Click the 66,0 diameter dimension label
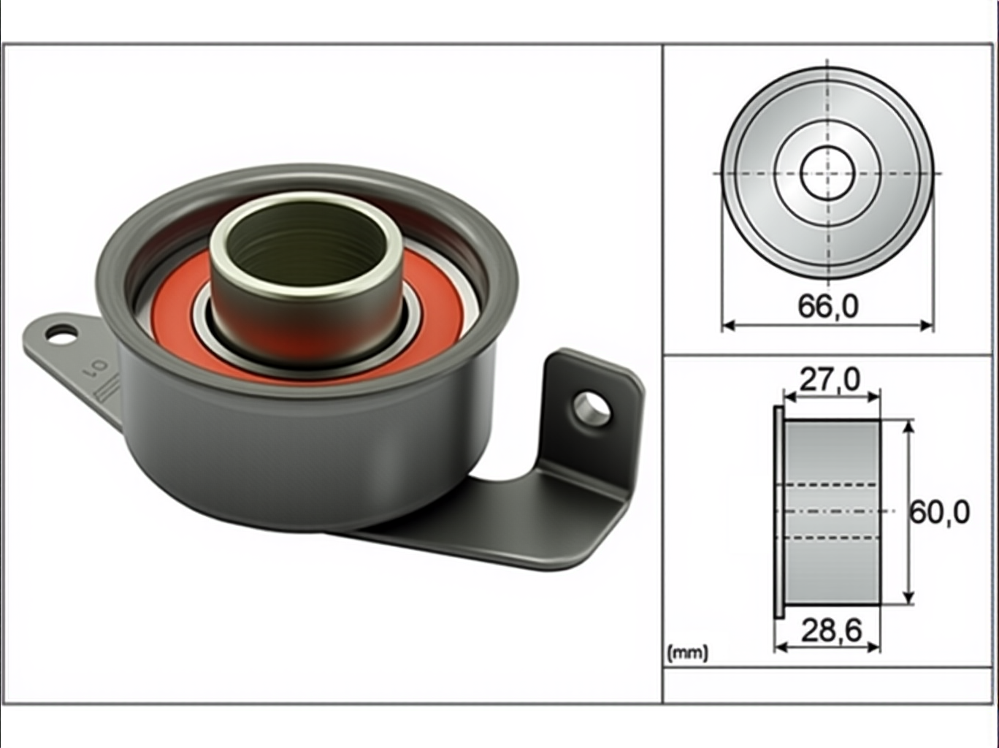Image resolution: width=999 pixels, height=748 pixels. point(828,306)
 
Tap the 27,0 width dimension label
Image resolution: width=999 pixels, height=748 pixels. point(830,380)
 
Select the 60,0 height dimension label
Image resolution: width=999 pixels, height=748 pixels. point(940,512)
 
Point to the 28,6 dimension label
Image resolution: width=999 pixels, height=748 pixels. point(832,631)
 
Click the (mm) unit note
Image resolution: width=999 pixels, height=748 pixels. point(688,653)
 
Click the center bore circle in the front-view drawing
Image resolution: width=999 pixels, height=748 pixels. point(827,173)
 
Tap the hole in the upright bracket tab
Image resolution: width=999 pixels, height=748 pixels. point(592,409)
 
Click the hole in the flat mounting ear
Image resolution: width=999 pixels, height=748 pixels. point(62,334)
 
